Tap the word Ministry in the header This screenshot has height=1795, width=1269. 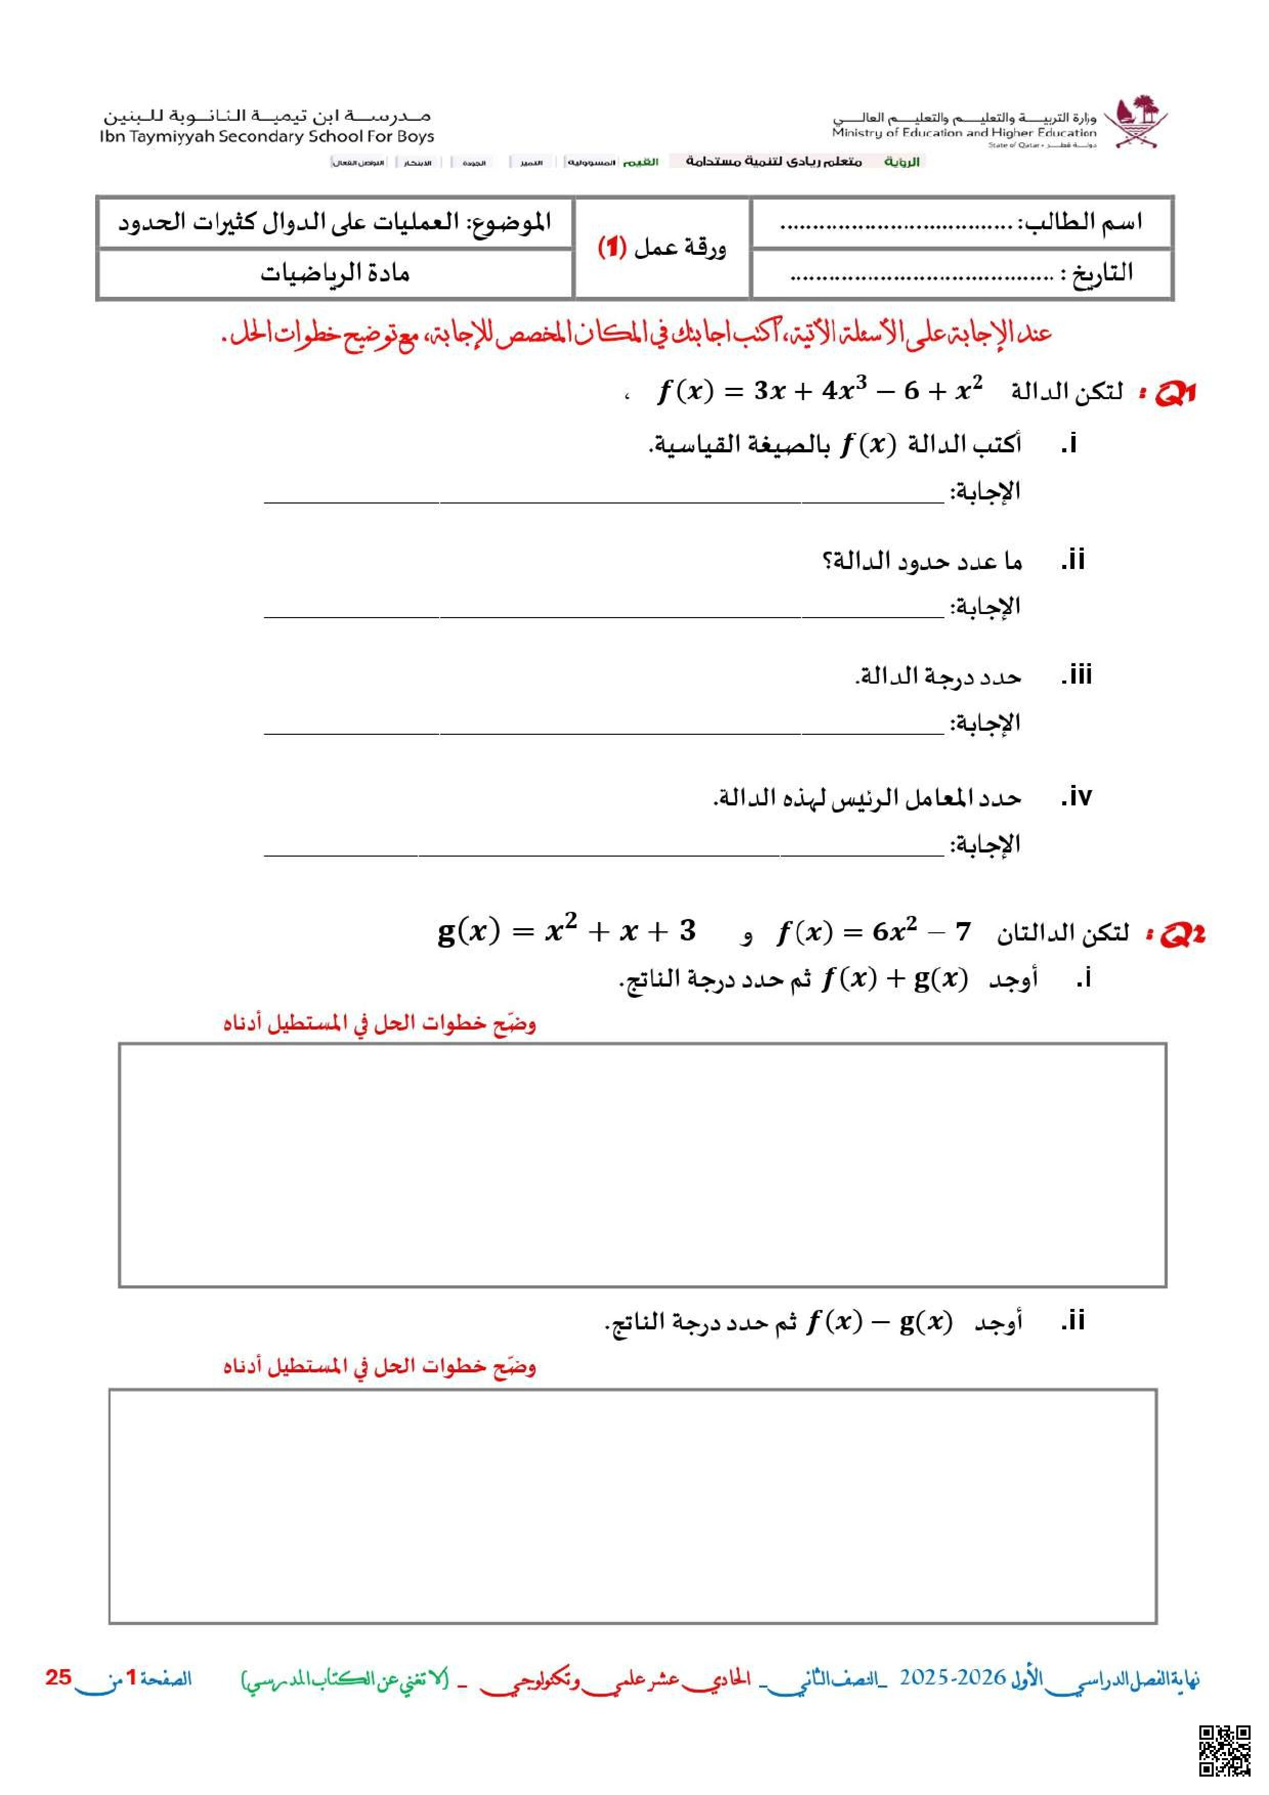[x=857, y=133]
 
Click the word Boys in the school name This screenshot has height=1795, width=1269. [x=415, y=137]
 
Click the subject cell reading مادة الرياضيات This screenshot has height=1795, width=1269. [x=335, y=274]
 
